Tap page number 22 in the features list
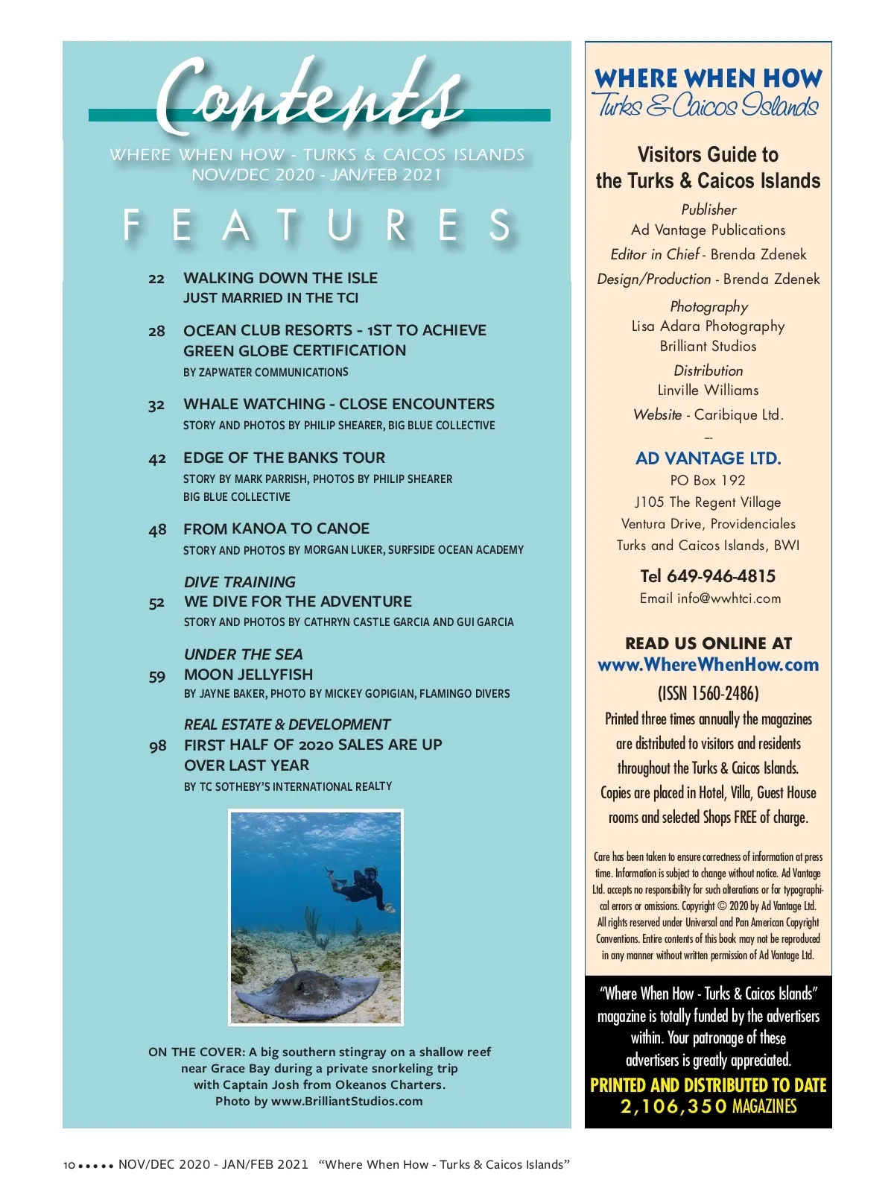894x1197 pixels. (156, 279)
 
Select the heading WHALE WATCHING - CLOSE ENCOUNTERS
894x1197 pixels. (339, 404)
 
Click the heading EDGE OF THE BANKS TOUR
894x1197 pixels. (285, 458)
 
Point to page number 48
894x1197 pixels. (157, 530)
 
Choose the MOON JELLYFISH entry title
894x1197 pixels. (249, 675)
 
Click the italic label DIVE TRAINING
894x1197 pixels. (240, 582)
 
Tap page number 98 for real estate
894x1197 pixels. (158, 746)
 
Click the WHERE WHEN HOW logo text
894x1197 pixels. (708, 78)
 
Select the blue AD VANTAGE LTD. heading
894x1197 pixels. (708, 458)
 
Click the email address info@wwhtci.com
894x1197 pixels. (729, 598)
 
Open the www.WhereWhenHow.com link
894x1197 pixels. (708, 665)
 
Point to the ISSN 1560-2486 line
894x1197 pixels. (708, 693)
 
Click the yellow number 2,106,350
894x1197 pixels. (673, 1107)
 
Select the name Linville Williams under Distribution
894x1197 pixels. (708, 391)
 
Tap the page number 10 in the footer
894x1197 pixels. (69, 1165)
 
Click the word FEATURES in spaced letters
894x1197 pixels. (317, 225)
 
